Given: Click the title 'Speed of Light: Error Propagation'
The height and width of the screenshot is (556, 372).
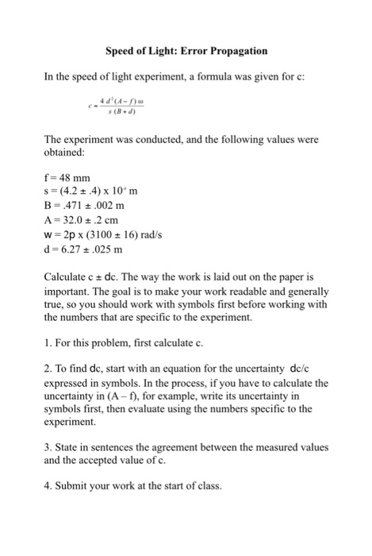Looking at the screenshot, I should coord(186,51).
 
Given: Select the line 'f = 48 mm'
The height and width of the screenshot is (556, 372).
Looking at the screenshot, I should coord(69,179).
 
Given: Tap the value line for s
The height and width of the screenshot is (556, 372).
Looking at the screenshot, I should coord(98,193).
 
